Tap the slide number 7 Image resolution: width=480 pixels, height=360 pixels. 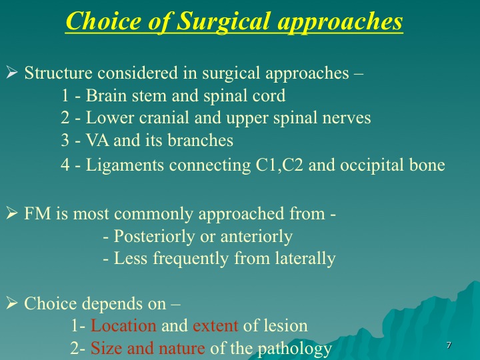tap(449, 345)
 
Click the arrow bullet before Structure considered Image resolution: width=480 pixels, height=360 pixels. tap(11, 73)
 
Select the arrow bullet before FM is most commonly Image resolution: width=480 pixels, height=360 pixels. tap(11, 213)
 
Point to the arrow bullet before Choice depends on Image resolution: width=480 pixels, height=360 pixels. tap(11, 303)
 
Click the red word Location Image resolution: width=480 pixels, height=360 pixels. tap(123, 325)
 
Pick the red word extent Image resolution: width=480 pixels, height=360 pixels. tap(215, 326)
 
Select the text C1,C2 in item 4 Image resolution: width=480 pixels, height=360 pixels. tap(279, 165)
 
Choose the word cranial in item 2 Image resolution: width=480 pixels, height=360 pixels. tap(164, 118)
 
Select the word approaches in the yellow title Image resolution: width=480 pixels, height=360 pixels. tap(340, 22)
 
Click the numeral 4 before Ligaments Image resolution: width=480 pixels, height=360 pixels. tap(65, 165)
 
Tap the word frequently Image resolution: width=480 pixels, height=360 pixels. tap(191, 259)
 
